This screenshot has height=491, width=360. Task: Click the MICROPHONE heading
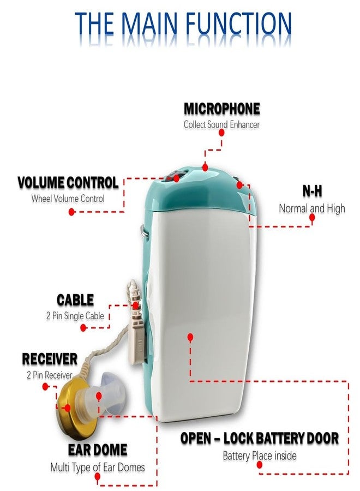221,109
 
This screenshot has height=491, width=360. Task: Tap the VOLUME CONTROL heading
68,183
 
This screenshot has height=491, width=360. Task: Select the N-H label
312,191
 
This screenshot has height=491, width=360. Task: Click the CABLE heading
75,300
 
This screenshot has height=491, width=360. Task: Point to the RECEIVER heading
50,359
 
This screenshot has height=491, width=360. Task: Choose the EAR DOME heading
98,450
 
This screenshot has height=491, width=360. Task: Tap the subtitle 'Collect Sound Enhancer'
221,124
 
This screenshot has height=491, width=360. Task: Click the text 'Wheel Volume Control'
68,199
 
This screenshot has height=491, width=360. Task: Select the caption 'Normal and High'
312,208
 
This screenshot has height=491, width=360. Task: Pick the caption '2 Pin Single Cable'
75,316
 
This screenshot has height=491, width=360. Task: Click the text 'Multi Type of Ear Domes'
98,468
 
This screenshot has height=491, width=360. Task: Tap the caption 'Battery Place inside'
260,456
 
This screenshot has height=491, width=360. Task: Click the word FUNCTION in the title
238,23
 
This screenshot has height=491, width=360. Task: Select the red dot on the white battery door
190,337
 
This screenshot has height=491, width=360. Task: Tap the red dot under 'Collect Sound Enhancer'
221,133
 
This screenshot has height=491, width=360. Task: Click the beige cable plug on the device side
139,340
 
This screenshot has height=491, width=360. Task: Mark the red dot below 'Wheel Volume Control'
71,212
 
